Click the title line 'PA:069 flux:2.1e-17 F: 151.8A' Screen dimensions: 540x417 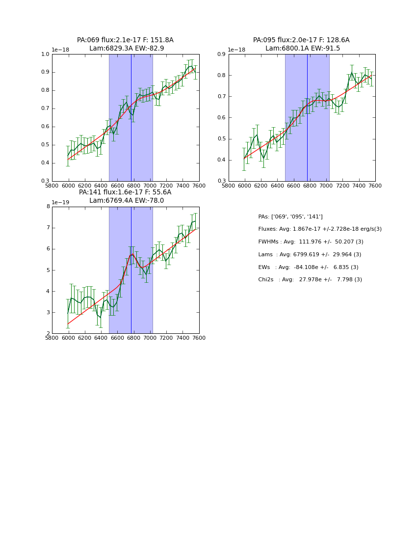pyautogui.click(x=125, y=40)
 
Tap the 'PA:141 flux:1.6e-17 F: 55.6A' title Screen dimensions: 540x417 pyautogui.click(x=125, y=192)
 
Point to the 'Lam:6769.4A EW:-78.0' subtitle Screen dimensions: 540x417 pyautogui.click(x=126, y=201)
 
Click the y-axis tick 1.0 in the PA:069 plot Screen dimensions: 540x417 pyautogui.click(x=45, y=54)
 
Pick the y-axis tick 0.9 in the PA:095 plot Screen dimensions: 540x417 pyautogui.click(x=221, y=54)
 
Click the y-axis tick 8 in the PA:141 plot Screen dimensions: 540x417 pyautogui.click(x=48, y=207)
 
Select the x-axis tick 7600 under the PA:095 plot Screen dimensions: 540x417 pyautogui.click(x=375, y=186)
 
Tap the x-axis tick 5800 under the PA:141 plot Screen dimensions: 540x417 pyautogui.click(x=52, y=338)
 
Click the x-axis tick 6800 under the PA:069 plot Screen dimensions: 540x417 pyautogui.click(x=134, y=186)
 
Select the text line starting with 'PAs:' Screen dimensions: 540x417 pyautogui.click(x=290, y=216)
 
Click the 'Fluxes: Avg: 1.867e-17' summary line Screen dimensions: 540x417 pyautogui.click(x=320, y=229)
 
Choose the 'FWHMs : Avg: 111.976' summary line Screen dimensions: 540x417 pyautogui.click(x=311, y=242)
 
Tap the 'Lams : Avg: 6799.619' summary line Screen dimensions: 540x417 pyautogui.click(x=310, y=255)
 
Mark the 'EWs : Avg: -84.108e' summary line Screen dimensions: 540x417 pyautogui.click(x=308, y=268)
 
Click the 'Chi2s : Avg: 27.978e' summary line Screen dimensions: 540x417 pyautogui.click(x=310, y=280)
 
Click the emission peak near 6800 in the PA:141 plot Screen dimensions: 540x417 pyautogui.click(x=131, y=254)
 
